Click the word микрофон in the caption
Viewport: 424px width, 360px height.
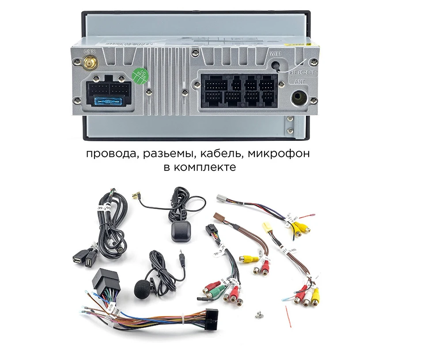[x=279, y=155]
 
